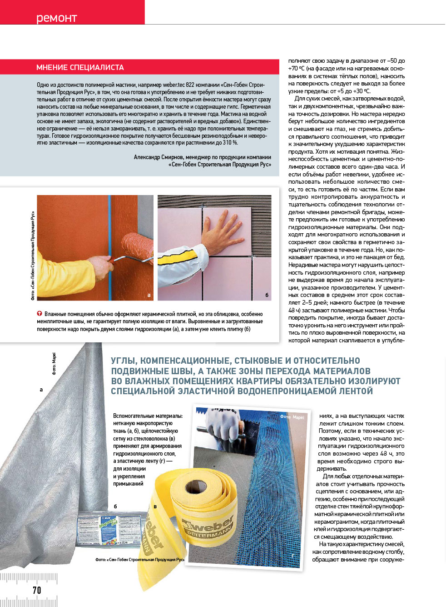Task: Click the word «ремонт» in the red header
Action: [56, 18]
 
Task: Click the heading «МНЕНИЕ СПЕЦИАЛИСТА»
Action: [80, 67]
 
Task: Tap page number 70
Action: [37, 590]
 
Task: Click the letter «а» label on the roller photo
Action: [149, 295]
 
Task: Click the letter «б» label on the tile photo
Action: [267, 295]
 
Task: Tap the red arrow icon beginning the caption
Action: [40, 314]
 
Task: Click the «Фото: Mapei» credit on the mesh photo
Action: [292, 417]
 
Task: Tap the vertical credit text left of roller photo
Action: [33, 255]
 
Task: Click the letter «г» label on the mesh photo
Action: [292, 555]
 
